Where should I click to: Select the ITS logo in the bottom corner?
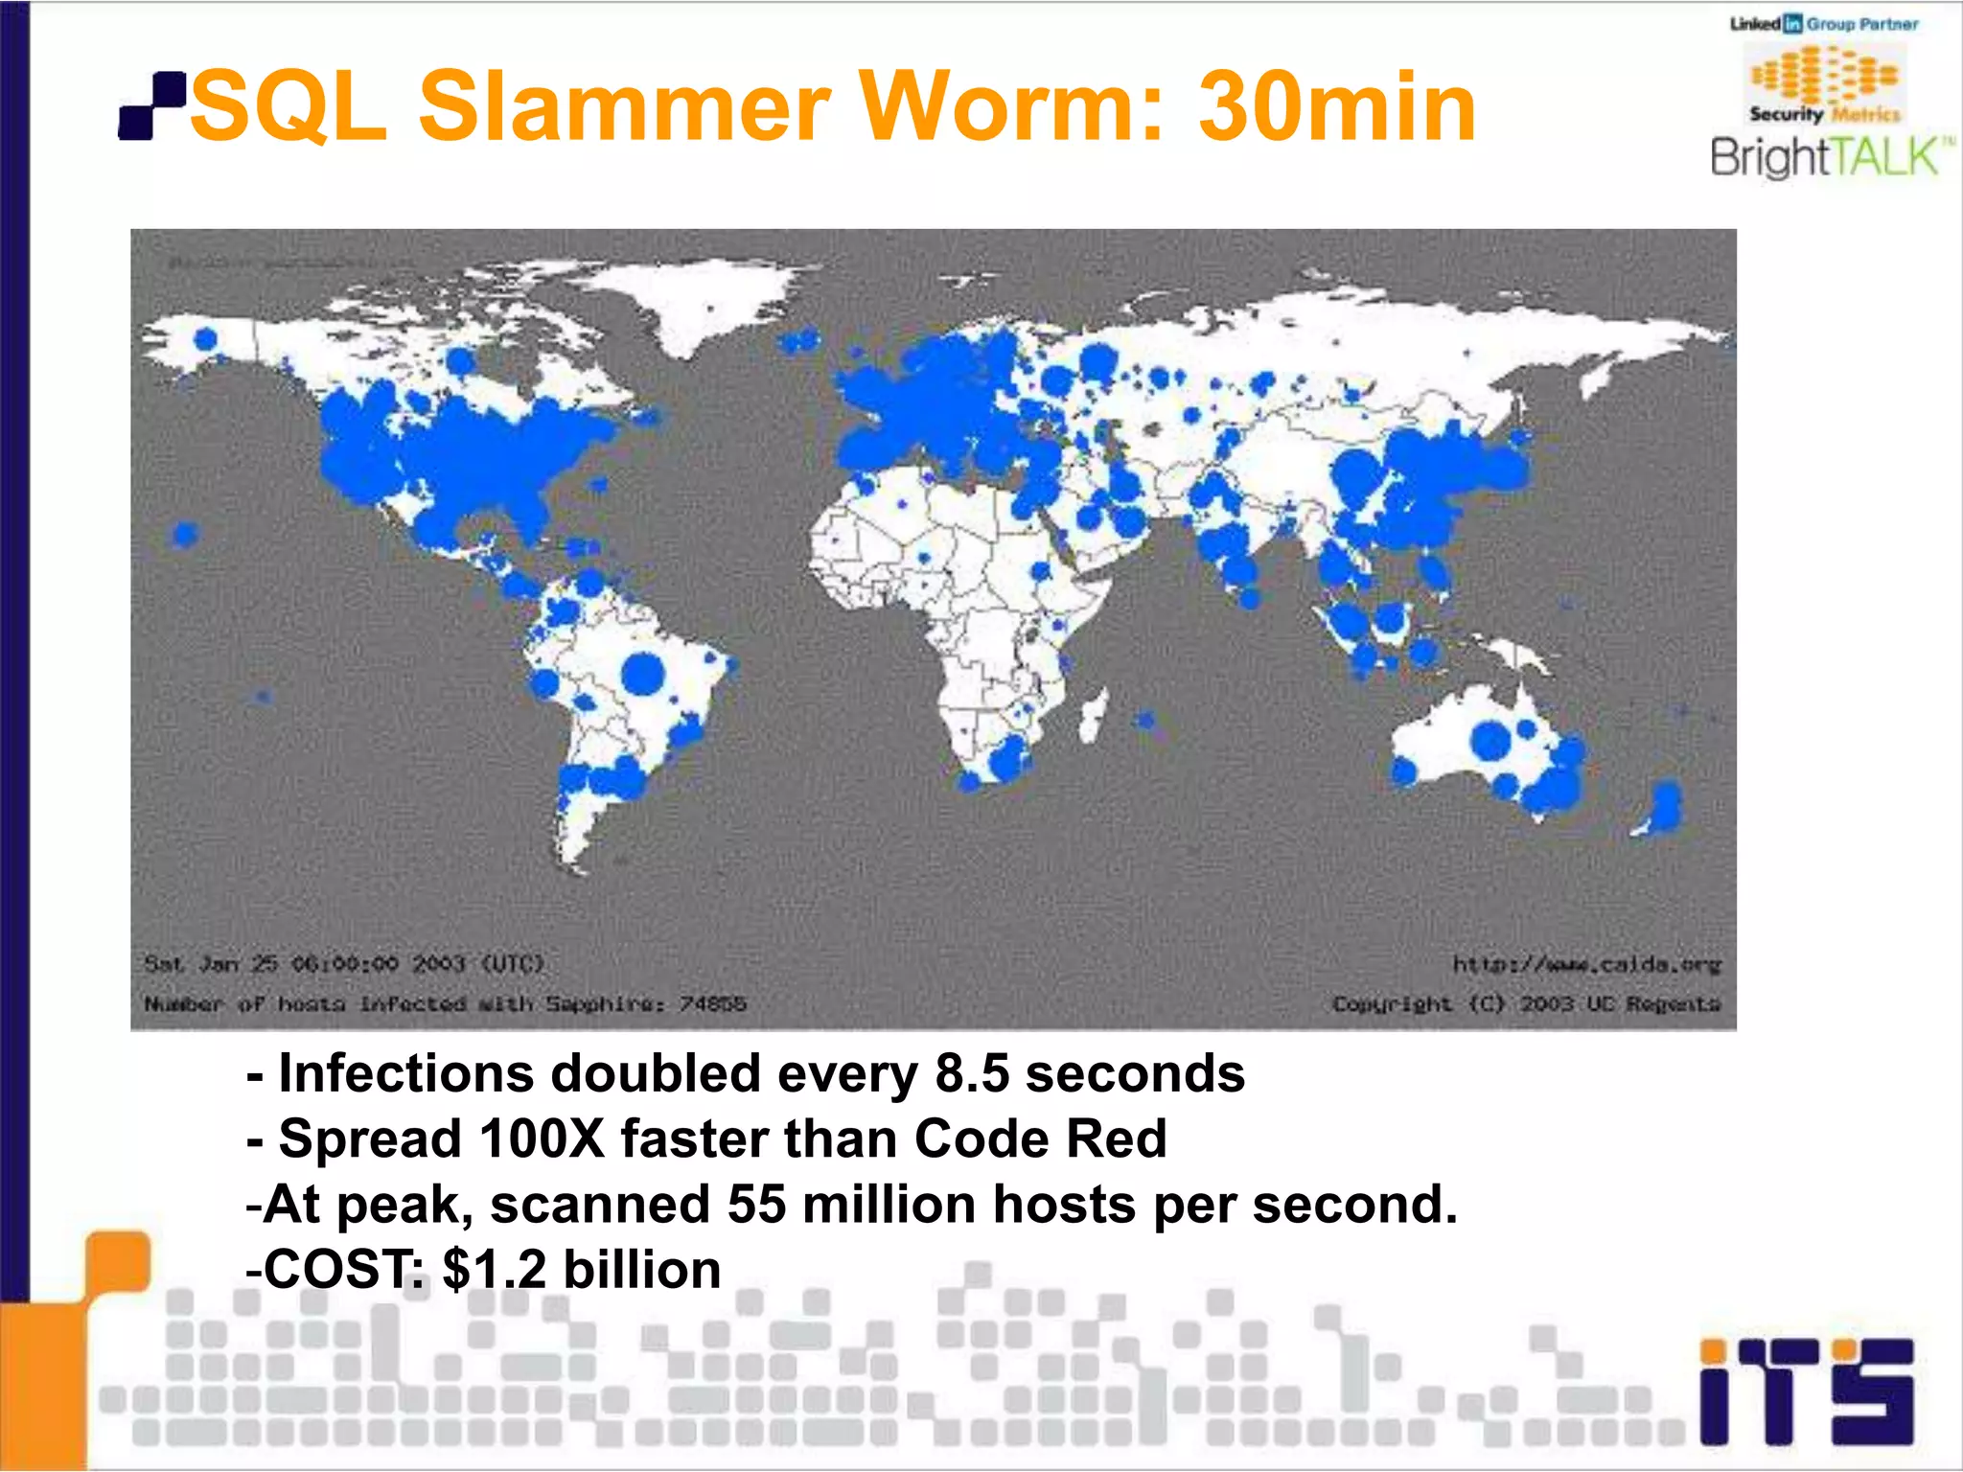click(x=1806, y=1390)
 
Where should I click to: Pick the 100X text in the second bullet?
click(x=542, y=1138)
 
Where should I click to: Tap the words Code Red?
click(x=1040, y=1138)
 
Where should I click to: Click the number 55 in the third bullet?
click(x=756, y=1204)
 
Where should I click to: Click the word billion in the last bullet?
click(x=641, y=1270)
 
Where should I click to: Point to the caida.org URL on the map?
click(x=1586, y=963)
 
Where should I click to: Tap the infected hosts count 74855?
click(x=712, y=1003)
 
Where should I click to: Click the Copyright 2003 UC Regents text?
click(x=1526, y=1003)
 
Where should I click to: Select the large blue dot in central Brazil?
click(x=642, y=673)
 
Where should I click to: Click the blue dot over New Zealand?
click(x=1665, y=805)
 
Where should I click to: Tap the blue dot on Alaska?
click(x=206, y=338)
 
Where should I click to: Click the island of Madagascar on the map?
click(x=1094, y=714)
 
